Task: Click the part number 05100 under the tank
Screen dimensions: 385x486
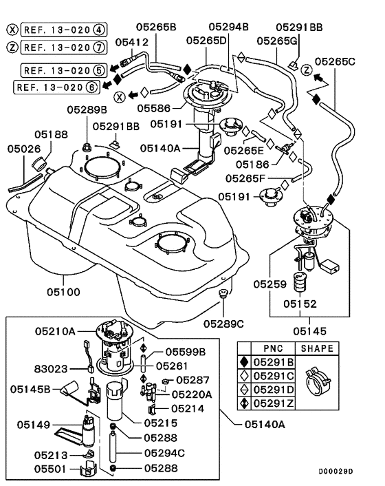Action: (63, 292)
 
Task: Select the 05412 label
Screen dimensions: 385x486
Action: (132, 42)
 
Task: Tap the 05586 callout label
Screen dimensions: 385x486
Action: (154, 108)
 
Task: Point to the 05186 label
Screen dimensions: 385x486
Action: (252, 165)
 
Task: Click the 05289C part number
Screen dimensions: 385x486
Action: (223, 324)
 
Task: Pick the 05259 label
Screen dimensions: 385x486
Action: (270, 284)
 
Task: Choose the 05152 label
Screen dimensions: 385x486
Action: (300, 304)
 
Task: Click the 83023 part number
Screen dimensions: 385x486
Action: (50, 369)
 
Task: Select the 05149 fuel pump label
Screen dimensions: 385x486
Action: (34, 424)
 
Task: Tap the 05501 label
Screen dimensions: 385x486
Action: (50, 469)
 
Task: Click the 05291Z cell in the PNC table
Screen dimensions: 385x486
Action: (274, 403)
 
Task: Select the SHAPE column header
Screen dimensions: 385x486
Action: (317, 348)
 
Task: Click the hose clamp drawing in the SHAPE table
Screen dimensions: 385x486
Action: (318, 381)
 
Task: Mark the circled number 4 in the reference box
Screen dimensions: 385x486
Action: (99, 30)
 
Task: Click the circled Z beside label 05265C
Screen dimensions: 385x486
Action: (307, 70)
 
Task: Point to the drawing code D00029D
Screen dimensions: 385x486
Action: (335, 472)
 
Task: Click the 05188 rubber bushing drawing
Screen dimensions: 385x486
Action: (40, 163)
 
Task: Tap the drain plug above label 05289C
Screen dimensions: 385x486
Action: (223, 293)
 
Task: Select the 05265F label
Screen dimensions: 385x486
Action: (245, 178)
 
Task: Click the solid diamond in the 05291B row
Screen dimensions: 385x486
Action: (245, 361)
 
